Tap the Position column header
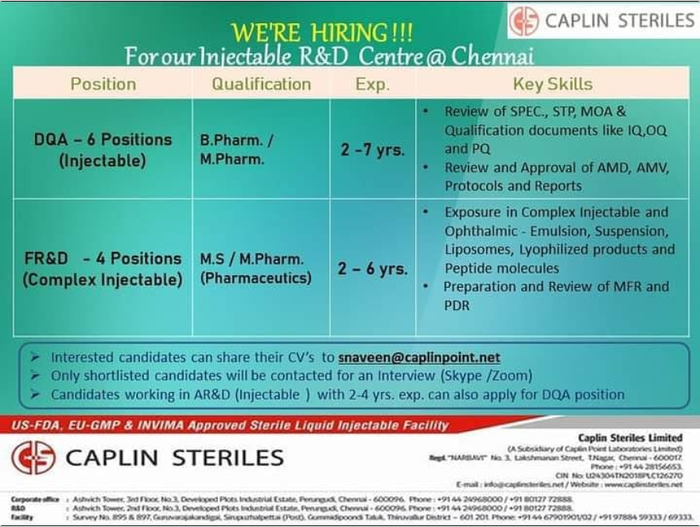103,83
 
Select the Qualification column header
261,83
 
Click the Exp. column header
372,83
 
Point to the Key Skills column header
552,83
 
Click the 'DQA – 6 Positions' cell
103,149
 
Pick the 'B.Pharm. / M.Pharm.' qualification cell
237,149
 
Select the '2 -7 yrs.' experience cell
372,149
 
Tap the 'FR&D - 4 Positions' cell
103,269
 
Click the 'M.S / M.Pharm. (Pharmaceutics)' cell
255,269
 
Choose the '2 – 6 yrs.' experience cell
372,269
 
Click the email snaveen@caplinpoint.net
419,358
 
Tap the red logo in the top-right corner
524,21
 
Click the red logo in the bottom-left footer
33,458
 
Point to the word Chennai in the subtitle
492,57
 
